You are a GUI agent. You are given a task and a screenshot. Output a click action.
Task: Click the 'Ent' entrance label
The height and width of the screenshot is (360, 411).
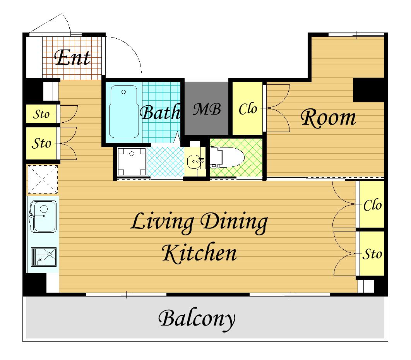pyautogui.click(x=73, y=58)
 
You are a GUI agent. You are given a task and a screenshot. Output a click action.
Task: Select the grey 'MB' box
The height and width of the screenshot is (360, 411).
pyautogui.click(x=206, y=108)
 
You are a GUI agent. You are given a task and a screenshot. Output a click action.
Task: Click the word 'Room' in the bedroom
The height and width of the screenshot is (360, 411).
pyautogui.click(x=328, y=118)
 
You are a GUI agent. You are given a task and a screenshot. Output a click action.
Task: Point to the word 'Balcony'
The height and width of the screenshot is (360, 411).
pyautogui.click(x=197, y=319)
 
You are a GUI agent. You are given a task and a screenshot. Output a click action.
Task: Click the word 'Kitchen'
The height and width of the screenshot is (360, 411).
pyautogui.click(x=199, y=253)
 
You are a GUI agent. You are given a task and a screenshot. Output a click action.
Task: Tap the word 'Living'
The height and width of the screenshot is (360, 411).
pyautogui.click(x=162, y=222)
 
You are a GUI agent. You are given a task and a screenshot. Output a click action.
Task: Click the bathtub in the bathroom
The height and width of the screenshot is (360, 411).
pyautogui.click(x=124, y=112)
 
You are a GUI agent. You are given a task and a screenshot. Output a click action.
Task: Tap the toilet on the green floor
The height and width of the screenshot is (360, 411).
pyautogui.click(x=227, y=157)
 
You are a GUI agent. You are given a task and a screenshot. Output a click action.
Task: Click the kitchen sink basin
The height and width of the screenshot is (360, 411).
pyautogui.click(x=43, y=216)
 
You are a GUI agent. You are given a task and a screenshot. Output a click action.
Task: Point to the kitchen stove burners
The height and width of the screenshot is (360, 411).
pyautogui.click(x=43, y=257)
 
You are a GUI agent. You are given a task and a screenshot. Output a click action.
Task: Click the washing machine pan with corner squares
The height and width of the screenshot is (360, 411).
pyautogui.click(x=132, y=161)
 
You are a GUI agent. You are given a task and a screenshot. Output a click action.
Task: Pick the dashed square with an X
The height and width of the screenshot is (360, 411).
pyautogui.click(x=43, y=179)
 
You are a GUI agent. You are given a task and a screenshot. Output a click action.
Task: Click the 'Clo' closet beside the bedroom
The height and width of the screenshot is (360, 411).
pyautogui.click(x=247, y=108)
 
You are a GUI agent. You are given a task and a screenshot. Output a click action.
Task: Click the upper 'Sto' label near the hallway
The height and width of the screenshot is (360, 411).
pyautogui.click(x=41, y=114)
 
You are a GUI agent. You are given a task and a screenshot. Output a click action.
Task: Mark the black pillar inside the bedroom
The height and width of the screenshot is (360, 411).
pyautogui.click(x=368, y=90)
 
